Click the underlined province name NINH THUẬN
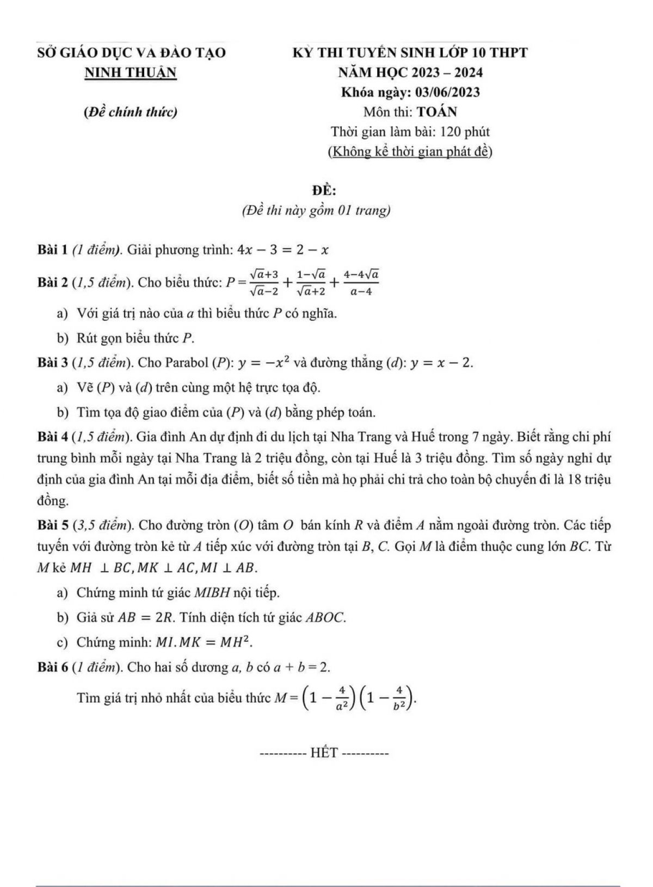[131, 73]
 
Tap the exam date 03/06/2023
[447, 92]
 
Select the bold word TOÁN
[437, 112]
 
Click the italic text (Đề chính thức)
[131, 112]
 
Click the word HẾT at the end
[325, 753]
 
